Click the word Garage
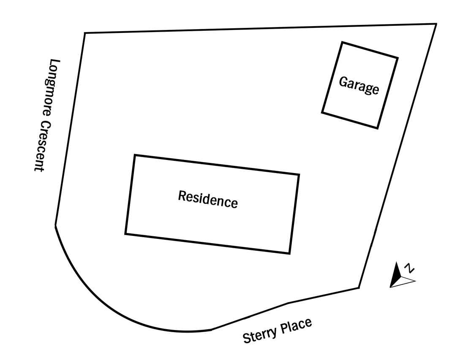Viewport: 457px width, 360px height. pos(359,85)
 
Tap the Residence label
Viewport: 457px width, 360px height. pos(208,200)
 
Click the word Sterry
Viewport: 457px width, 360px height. pos(259,334)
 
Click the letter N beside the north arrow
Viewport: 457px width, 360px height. pos(410,268)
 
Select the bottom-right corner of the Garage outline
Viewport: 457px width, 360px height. pos(378,128)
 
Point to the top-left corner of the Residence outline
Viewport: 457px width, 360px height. pos(135,155)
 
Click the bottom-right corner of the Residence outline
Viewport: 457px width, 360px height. pos(289,253)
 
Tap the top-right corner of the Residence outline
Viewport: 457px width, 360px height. pos(299,175)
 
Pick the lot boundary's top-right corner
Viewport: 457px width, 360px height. pos(436,24)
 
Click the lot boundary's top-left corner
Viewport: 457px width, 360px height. pos(85,33)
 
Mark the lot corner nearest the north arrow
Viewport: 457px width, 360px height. pos(359,288)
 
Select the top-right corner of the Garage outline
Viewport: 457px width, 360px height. pos(397,58)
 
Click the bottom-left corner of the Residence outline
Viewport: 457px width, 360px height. pos(125,233)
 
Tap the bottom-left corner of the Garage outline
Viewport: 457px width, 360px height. pos(322,112)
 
